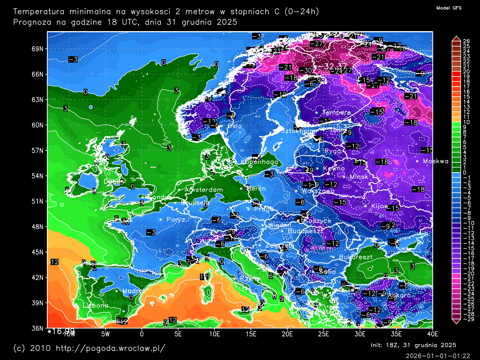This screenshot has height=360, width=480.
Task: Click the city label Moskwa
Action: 435,161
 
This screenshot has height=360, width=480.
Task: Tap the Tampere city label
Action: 336,112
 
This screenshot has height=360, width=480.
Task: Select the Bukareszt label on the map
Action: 355,257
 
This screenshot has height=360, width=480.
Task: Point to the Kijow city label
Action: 379,206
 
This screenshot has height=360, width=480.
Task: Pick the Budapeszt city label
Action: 305,231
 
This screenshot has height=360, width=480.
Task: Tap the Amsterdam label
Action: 204,190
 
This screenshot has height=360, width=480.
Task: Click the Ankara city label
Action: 399,295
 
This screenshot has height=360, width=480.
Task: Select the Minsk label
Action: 359,177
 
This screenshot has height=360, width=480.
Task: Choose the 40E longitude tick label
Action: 432,334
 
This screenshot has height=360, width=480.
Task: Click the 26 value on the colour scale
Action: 466,41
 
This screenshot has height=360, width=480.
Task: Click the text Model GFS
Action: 449,8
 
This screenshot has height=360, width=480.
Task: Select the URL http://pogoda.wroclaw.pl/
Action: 110,348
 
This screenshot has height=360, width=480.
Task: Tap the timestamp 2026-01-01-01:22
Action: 438,355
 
